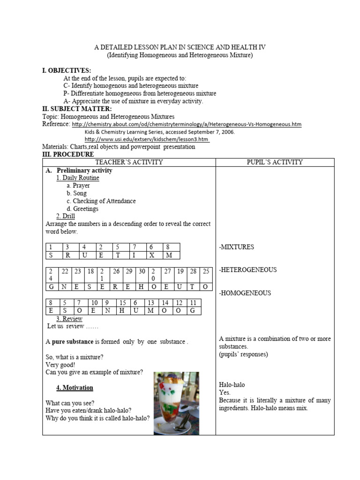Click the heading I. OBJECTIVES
click(x=67, y=71)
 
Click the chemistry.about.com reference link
click(x=187, y=124)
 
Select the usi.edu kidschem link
click(x=147, y=139)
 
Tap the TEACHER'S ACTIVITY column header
click(x=129, y=162)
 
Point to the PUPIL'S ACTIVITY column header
click(x=275, y=162)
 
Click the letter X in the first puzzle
click(x=151, y=255)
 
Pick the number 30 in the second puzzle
click(x=142, y=271)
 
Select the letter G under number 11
click(x=193, y=311)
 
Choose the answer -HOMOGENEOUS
click(x=245, y=293)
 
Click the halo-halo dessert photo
click(x=176, y=403)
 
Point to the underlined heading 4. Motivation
click(x=75, y=388)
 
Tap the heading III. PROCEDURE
click(x=68, y=154)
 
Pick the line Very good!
click(x=60, y=365)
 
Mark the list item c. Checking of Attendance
click(x=101, y=201)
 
